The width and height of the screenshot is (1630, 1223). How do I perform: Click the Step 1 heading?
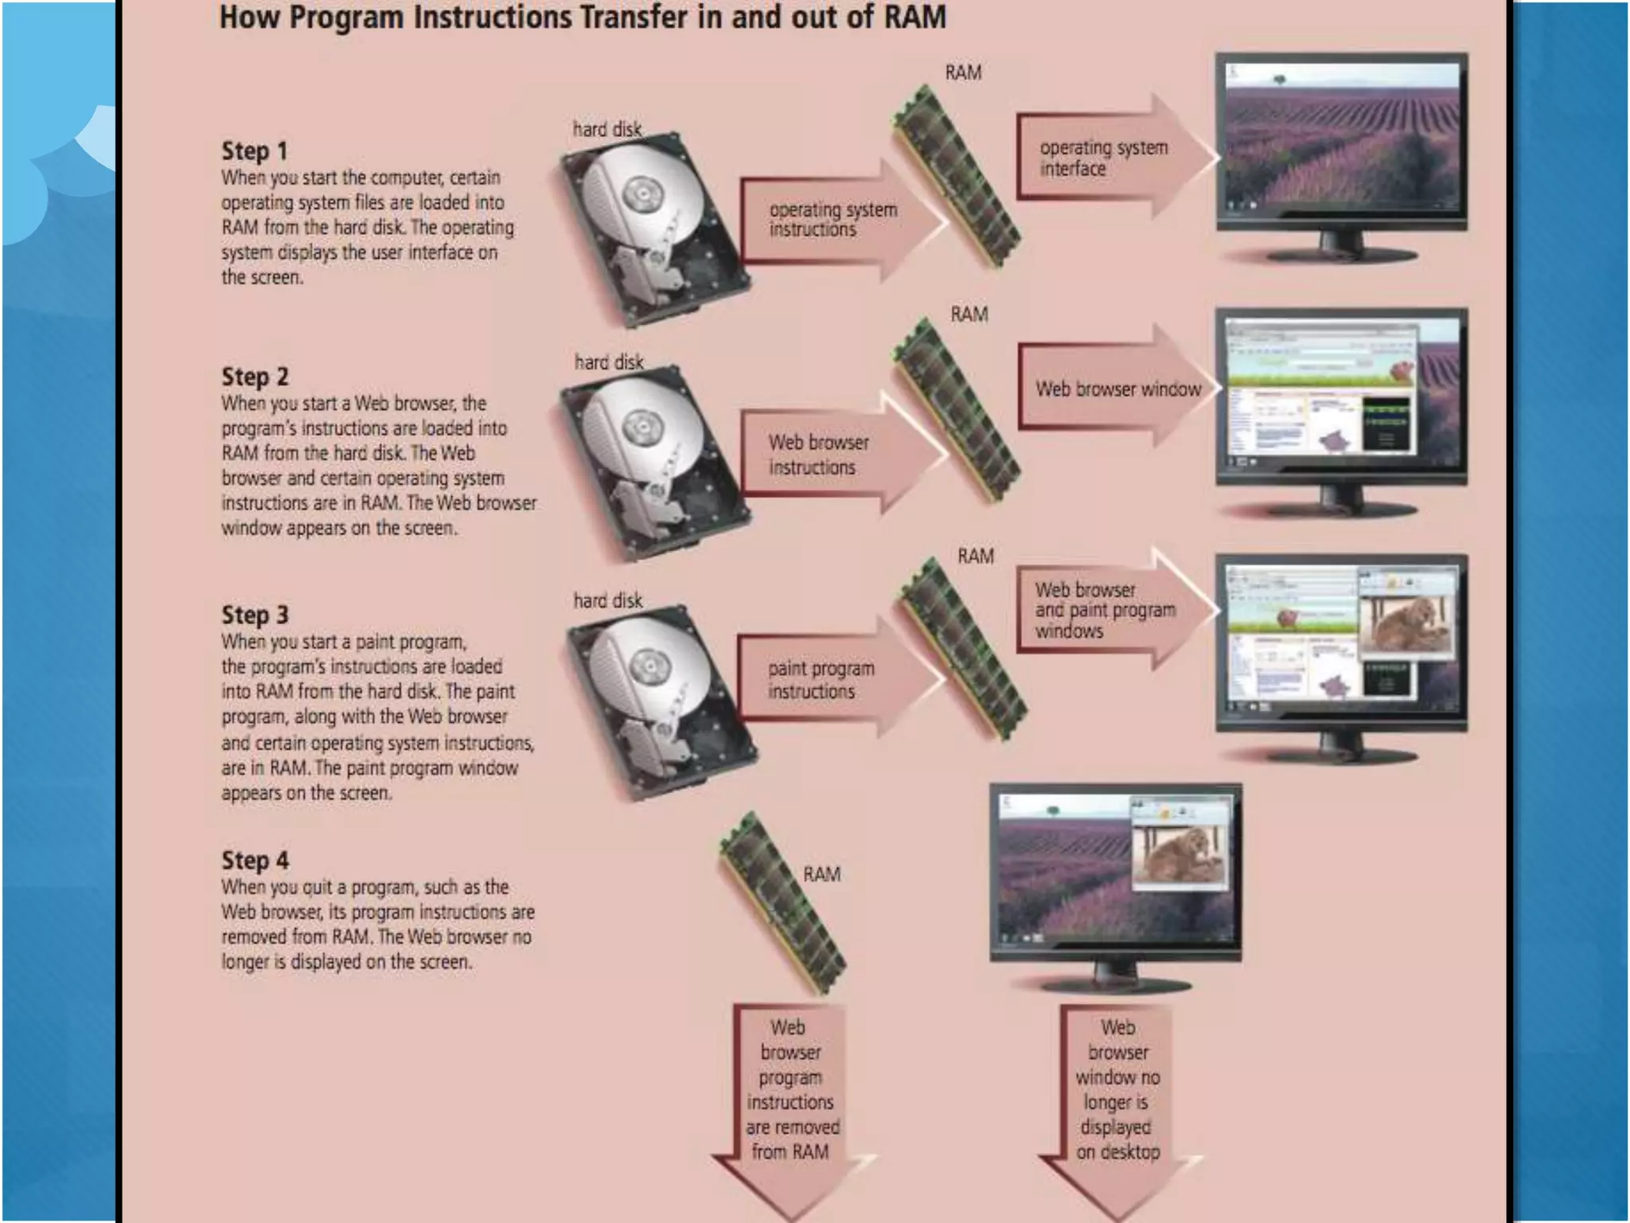click(254, 150)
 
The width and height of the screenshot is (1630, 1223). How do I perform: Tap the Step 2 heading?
click(255, 376)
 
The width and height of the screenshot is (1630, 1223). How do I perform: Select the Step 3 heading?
click(255, 615)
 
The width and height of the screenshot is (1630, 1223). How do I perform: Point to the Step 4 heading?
click(255, 860)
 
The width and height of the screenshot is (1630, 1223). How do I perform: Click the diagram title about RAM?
click(583, 18)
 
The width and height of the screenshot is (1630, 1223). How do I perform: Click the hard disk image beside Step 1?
click(652, 227)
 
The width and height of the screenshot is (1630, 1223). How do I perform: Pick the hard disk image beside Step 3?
click(660, 701)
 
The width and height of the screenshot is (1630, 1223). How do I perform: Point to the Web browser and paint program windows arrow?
click(1109, 610)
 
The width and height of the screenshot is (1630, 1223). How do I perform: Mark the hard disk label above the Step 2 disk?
click(609, 362)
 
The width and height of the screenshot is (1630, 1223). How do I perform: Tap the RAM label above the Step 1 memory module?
click(963, 72)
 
